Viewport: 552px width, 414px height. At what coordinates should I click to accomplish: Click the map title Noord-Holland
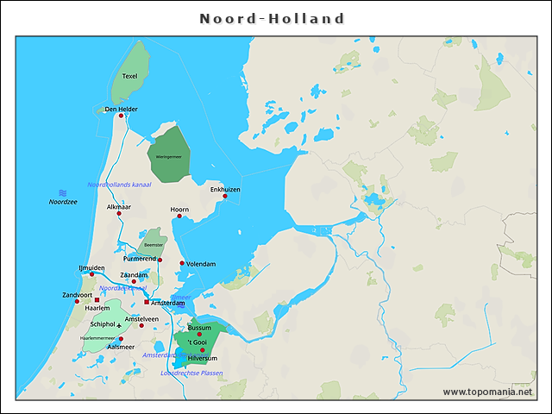tap(273, 19)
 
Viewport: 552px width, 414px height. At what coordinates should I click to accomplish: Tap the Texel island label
tap(130, 76)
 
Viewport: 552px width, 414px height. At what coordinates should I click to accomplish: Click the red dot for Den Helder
tap(122, 116)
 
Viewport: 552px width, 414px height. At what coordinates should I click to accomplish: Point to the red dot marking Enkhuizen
tap(225, 196)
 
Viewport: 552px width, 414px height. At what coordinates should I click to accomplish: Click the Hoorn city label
tap(179, 209)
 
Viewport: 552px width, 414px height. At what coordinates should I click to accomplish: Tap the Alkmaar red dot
tap(119, 214)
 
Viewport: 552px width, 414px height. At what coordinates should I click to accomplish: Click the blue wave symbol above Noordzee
tap(62, 192)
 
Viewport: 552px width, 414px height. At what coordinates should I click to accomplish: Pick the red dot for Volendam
tap(182, 263)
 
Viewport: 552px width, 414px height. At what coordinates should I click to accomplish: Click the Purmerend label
tap(140, 258)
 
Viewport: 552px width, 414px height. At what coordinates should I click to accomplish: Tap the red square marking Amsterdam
tap(147, 303)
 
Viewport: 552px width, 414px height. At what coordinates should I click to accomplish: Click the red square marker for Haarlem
tap(97, 300)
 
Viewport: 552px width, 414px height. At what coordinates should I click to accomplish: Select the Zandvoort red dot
tap(77, 301)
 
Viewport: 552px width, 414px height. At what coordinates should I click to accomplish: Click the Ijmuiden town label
tap(91, 267)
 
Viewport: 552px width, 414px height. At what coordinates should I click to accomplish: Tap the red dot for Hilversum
tap(202, 349)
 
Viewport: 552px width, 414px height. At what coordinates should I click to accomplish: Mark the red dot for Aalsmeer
tap(109, 339)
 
